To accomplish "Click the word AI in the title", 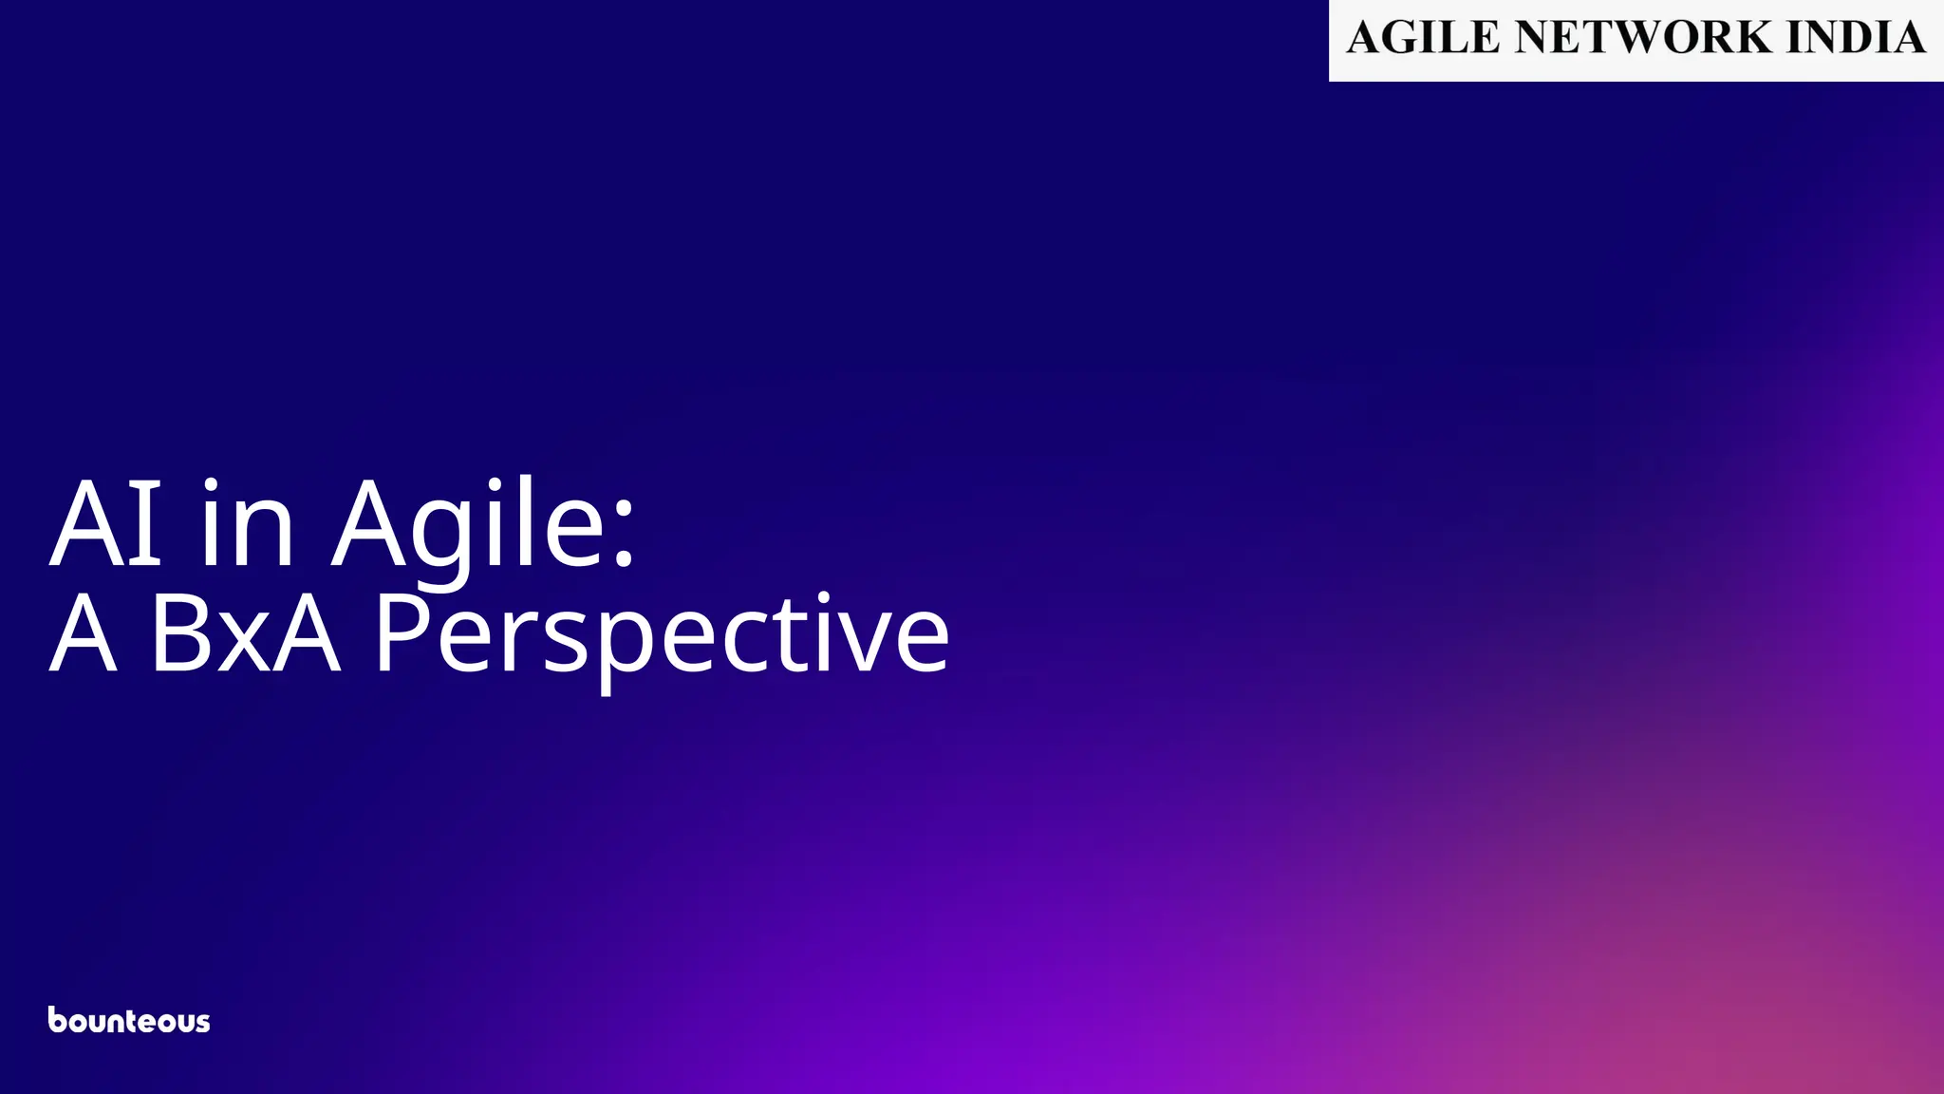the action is coord(105,523).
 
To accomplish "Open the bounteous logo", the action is coord(129,1020).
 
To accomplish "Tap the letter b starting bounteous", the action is coord(58,1019).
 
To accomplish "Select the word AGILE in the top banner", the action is coord(1423,37).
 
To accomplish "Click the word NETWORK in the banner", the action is coord(1643,37).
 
